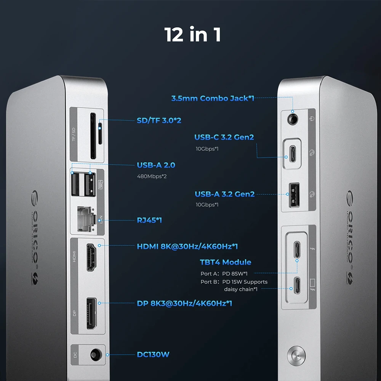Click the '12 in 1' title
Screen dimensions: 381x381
click(x=192, y=35)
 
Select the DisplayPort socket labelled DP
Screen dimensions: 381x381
click(x=91, y=313)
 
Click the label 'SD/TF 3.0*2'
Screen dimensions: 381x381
click(x=159, y=120)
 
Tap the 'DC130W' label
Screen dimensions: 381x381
click(x=153, y=355)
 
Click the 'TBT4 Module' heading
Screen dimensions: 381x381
click(x=226, y=262)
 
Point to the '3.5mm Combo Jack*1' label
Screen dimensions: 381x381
click(x=213, y=98)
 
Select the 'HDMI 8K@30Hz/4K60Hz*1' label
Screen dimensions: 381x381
click(x=187, y=247)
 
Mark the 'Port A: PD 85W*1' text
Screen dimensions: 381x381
click(x=224, y=274)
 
